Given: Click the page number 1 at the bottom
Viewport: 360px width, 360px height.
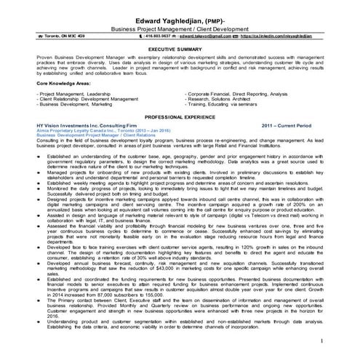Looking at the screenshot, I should pyautogui.click(x=340, y=340).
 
